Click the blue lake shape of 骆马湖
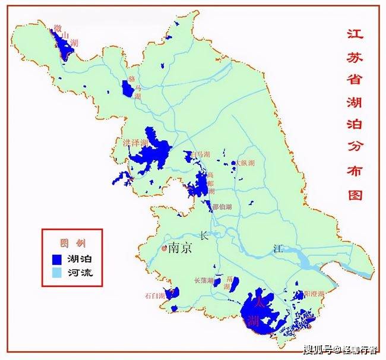(127, 88)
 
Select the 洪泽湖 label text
(135, 143)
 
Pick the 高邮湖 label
(211, 184)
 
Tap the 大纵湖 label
(244, 163)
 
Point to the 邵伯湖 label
(222, 207)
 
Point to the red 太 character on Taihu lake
(257, 301)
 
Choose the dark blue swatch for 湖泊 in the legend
(58, 259)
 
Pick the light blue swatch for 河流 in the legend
(58, 273)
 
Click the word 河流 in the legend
(80, 273)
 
